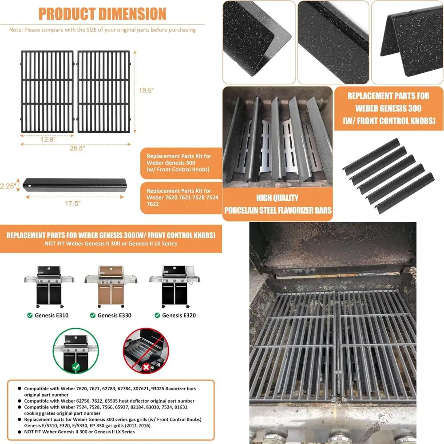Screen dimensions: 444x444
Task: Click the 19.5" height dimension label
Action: pos(145,90)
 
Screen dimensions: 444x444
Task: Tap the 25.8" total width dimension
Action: pos(75,149)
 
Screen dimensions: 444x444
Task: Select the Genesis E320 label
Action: pos(178,316)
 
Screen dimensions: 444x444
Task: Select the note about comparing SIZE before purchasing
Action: pos(103,30)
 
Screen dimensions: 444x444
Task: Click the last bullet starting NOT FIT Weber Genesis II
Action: pos(79,432)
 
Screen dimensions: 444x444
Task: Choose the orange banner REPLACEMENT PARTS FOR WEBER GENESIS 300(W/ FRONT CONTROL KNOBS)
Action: pos(111,235)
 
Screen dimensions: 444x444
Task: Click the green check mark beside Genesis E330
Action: pos(92,316)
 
